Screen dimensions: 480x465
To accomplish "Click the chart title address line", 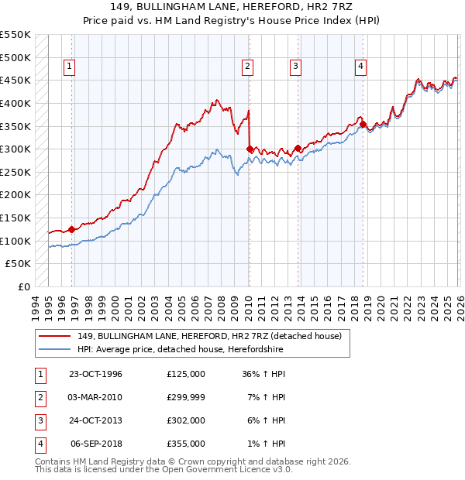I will (232, 7).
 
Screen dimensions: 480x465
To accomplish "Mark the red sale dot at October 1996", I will (72, 229).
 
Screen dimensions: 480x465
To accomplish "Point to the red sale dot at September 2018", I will (363, 124).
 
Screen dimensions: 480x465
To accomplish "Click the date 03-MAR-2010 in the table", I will (96, 397).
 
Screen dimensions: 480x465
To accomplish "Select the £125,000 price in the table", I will (186, 374).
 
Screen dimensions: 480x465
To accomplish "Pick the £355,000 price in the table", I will (186, 444).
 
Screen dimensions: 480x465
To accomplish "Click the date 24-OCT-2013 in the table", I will (96, 420).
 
